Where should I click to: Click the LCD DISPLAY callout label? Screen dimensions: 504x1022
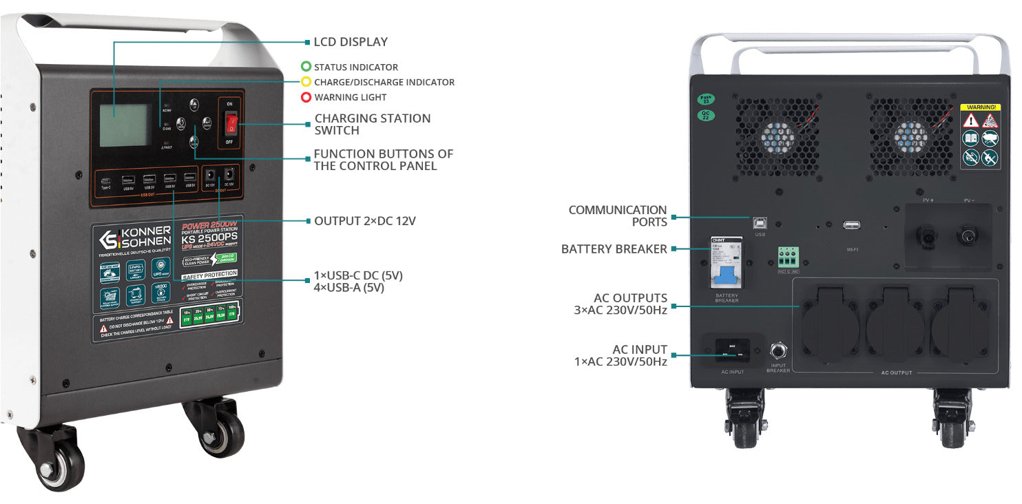pos(351,42)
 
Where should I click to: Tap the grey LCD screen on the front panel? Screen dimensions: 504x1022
pos(124,125)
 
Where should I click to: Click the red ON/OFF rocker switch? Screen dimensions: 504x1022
pos(231,123)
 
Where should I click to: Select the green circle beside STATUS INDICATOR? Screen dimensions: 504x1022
pos(306,67)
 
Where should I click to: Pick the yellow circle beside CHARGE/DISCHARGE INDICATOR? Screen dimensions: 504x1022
pos(306,82)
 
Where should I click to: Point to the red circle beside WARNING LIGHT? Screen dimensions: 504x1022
pos(306,97)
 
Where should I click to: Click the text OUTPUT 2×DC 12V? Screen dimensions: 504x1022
pos(365,221)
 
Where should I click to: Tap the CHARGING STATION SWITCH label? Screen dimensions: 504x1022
pos(373,124)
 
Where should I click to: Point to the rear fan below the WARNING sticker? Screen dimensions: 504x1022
pos(910,136)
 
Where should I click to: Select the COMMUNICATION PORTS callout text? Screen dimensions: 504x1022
pos(618,216)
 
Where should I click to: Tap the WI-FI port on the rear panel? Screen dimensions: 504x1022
pos(851,225)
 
